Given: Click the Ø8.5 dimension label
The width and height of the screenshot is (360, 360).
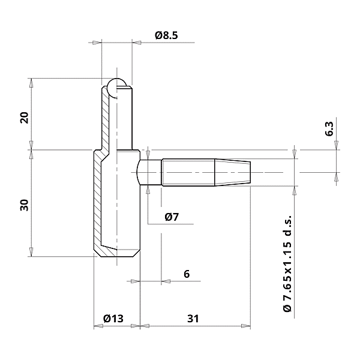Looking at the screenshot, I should click(166, 35).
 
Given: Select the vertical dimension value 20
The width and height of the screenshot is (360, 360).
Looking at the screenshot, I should click(24, 117).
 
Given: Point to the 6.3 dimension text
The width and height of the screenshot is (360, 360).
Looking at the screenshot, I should click(329, 129).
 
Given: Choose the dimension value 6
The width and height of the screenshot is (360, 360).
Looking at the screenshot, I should click(187, 274).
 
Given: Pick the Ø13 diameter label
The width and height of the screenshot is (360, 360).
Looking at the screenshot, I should click(113, 319).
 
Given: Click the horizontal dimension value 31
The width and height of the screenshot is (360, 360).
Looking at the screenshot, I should click(192, 319).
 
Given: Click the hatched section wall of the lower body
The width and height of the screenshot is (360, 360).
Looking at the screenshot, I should click(96, 204).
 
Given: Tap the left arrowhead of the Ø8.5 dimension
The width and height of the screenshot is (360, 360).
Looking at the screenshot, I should click(98, 42).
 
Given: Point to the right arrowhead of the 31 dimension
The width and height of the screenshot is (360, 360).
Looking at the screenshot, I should click(247, 327).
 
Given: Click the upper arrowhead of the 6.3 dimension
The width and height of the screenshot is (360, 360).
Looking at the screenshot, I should click(337, 146).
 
